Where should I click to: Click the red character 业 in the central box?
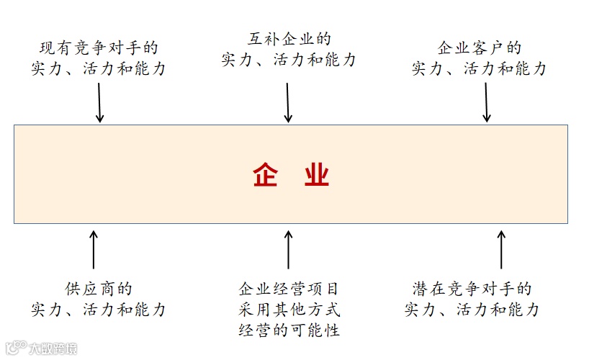coord(316,175)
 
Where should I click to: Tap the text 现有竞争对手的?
coord(99,48)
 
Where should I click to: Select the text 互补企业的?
coord(289,39)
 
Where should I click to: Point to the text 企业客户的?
coord(480,48)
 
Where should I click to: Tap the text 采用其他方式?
coord(289,310)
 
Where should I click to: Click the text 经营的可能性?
coord(289,330)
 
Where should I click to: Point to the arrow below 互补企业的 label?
coord(288,103)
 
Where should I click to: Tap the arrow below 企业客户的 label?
coord(487,103)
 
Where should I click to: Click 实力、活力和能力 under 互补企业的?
coord(289,60)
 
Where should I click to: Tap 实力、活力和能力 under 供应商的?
coord(99,310)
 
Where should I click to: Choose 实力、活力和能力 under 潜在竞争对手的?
coord(472,310)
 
